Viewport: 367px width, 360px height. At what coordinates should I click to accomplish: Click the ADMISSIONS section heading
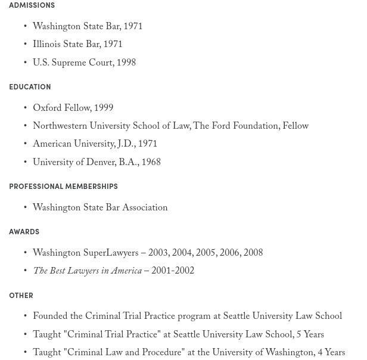coord(32,5)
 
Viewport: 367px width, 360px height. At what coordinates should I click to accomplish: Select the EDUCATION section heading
coord(30,87)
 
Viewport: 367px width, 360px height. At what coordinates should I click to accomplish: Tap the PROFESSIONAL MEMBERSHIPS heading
coord(63,187)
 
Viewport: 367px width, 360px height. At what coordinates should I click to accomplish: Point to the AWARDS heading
coord(24,232)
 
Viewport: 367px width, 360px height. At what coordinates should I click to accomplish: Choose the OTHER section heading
coord(21,296)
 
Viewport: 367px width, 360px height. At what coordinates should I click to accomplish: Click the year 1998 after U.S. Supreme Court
coord(126,64)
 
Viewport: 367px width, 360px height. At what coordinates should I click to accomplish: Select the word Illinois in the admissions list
coord(47,45)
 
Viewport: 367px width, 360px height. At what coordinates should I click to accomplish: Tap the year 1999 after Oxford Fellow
coord(104,109)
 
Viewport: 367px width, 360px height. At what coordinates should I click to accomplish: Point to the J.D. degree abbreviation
coord(126,145)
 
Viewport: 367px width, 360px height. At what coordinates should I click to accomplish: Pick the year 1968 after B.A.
coord(151,163)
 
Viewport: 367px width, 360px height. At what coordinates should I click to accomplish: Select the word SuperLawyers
coord(111,254)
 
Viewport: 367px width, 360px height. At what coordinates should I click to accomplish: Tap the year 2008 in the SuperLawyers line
coord(253,254)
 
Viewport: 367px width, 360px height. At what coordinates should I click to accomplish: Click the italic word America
coord(126,272)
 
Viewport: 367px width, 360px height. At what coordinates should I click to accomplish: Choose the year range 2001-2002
coord(173,272)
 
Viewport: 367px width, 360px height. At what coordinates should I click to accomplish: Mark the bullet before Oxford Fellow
coord(25,109)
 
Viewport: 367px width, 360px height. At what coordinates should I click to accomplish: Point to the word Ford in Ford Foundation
coord(221,127)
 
